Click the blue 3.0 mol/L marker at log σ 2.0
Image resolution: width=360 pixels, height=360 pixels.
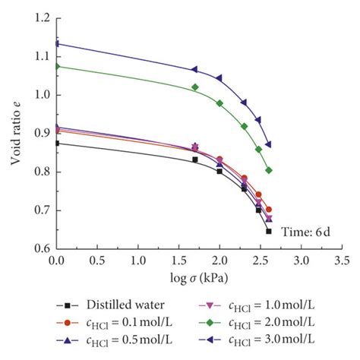pyautogui.click(x=219, y=78)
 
